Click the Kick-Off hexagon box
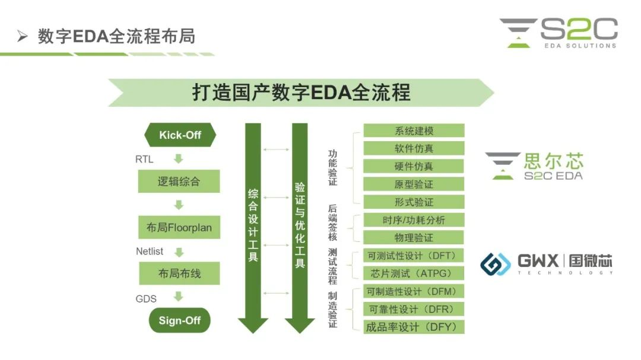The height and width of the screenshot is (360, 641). tap(180, 135)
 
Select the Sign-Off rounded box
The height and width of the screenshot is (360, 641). tap(179, 320)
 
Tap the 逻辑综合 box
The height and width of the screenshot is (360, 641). tap(179, 181)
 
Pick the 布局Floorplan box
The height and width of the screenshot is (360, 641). tap(179, 227)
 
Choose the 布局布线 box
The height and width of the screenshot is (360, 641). tap(179, 273)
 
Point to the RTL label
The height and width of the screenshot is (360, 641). tap(144, 158)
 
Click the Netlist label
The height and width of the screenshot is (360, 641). tap(150, 251)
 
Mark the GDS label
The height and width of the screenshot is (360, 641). tap(146, 298)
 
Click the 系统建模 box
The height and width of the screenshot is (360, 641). tap(414, 130)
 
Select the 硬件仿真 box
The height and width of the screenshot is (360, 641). tap(414, 166)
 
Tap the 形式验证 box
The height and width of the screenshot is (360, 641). tap(414, 202)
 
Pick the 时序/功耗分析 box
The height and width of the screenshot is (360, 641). tap(414, 220)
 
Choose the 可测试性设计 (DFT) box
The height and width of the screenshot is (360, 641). tap(414, 256)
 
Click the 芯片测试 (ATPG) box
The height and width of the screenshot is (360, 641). tap(414, 273)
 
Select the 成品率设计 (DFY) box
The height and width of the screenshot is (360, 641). tap(414, 327)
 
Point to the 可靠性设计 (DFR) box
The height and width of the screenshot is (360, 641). tap(414, 309)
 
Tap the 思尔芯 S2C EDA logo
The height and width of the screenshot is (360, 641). tap(534, 165)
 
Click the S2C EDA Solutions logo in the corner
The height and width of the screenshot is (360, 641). tap(559, 33)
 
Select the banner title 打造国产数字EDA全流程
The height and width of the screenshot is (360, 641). tap(301, 93)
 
